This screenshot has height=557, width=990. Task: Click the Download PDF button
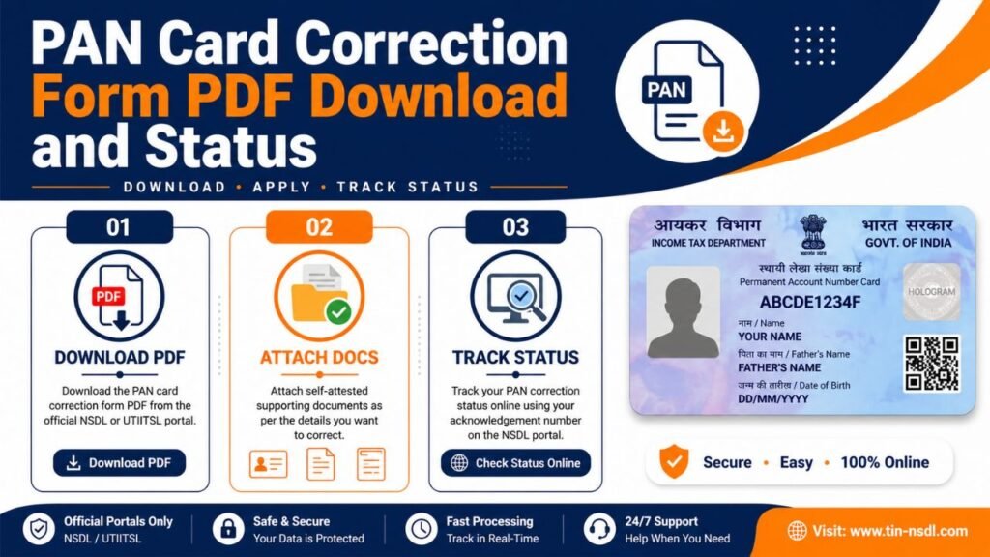(x=119, y=463)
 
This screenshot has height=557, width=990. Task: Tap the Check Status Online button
(x=515, y=463)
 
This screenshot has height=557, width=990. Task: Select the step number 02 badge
(x=319, y=227)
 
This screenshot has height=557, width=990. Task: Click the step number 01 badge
(x=119, y=227)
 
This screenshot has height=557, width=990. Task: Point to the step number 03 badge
(x=515, y=227)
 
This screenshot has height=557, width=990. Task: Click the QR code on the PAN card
(x=931, y=363)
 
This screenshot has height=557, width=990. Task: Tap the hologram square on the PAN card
(x=931, y=291)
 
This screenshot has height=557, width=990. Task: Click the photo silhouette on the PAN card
(x=683, y=312)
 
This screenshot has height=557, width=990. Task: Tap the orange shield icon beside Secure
(x=674, y=462)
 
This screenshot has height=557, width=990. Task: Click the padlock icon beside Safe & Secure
(x=228, y=529)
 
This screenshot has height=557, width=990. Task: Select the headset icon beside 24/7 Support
(x=599, y=529)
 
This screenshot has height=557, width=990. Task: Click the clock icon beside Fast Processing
(x=421, y=529)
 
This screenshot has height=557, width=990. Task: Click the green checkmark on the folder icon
(x=337, y=311)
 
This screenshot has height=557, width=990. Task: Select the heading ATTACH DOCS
(x=319, y=358)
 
